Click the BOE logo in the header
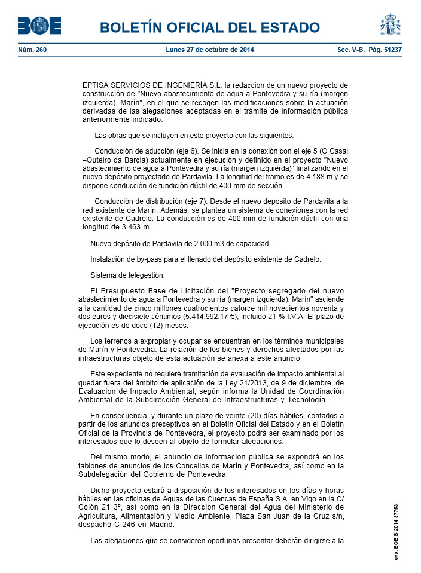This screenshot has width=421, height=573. pyautogui.click(x=39, y=26)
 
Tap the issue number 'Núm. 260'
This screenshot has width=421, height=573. pyautogui.click(x=32, y=50)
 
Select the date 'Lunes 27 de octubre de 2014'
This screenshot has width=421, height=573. pyautogui.click(x=210, y=50)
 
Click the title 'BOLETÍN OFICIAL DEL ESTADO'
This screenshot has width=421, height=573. pyautogui.click(x=210, y=27)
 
